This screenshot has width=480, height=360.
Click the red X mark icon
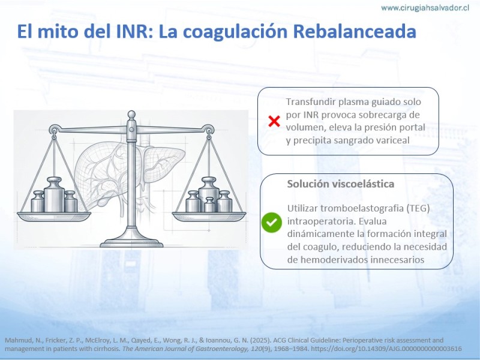pos(274,121)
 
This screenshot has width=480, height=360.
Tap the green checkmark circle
pos(272,223)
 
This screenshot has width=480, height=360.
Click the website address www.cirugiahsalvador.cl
pos(425,8)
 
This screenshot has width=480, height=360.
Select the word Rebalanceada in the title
pos(355,31)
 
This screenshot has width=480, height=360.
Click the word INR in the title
pos(133,31)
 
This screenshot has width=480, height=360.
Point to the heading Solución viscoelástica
pos(340,184)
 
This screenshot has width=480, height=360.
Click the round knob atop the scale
pos(131,115)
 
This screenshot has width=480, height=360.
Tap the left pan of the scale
pos(54,216)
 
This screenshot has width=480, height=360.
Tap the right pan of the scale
pos(209,216)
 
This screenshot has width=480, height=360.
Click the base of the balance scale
pos(131,242)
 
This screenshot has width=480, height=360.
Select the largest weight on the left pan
pos(54,194)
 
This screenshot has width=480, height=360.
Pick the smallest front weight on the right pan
pos(209,205)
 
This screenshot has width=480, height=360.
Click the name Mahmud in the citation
pos(15,340)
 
